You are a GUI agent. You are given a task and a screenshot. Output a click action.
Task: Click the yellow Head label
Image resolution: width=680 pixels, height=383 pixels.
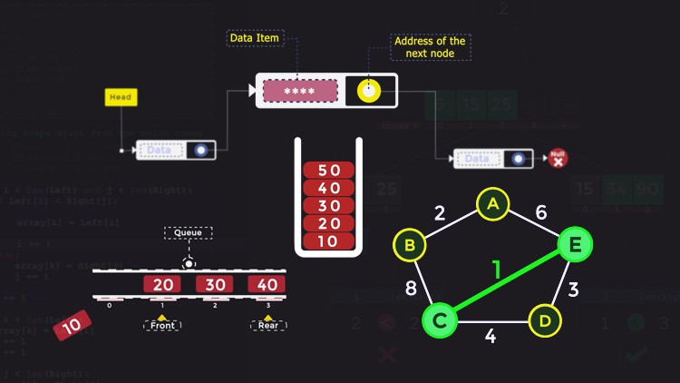click(121, 97)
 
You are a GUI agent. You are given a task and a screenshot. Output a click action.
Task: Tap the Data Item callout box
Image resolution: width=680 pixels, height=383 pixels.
click(255, 38)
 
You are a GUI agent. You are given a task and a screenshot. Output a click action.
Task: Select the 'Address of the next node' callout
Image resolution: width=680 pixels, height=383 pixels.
click(429, 47)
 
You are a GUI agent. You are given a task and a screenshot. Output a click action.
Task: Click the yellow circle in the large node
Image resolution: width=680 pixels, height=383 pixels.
click(369, 91)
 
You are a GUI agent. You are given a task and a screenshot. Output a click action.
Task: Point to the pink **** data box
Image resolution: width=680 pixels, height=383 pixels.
click(300, 91)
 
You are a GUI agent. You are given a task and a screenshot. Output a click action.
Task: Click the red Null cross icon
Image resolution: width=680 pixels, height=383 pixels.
click(558, 158)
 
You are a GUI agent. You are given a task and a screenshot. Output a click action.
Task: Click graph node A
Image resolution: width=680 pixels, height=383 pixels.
click(493, 204)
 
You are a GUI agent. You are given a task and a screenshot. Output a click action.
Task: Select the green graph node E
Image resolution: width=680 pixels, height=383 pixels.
click(571, 244)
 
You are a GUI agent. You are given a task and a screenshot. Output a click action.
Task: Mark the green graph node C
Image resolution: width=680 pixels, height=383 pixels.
click(440, 319)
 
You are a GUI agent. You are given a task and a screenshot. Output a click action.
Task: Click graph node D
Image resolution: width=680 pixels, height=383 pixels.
click(544, 319)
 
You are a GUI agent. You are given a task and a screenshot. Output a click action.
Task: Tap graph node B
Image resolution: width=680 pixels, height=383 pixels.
click(409, 244)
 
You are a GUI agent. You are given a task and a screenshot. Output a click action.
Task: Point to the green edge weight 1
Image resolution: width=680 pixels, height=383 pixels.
click(496, 270)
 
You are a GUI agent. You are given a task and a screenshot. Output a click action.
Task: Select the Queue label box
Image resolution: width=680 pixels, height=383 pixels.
click(188, 232)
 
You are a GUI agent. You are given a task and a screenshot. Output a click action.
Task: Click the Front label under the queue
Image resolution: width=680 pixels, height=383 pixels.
click(162, 324)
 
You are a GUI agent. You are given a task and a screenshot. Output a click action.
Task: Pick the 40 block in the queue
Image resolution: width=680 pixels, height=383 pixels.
click(267, 285)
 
